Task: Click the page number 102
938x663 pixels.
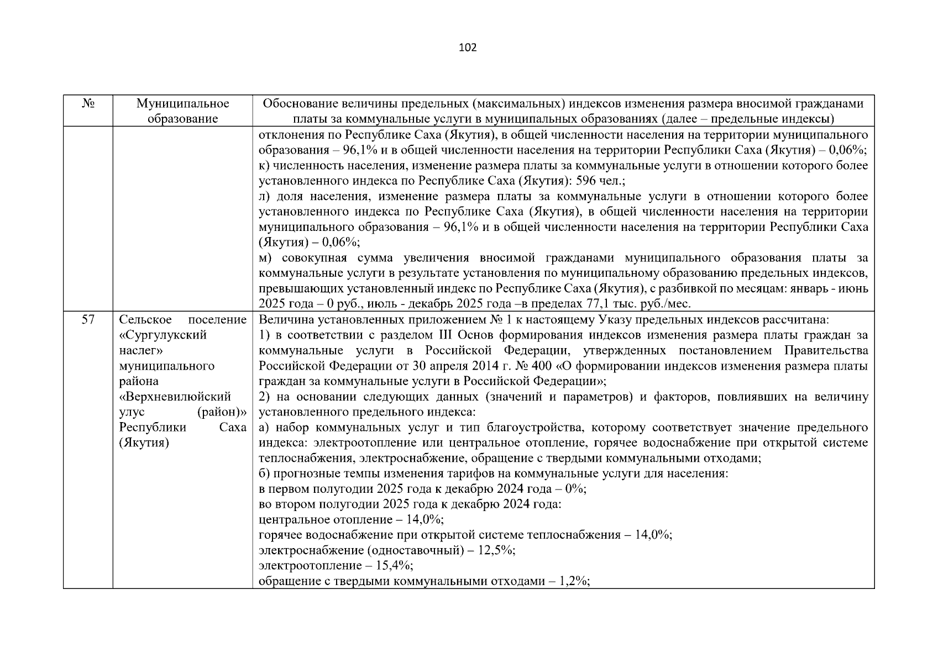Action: (468, 48)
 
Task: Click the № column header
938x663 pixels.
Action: (87, 104)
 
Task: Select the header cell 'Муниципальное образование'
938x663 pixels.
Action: (182, 111)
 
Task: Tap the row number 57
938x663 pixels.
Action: (87, 319)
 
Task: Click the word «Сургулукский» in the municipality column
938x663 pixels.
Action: (163, 335)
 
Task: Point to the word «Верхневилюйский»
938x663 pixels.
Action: (175, 397)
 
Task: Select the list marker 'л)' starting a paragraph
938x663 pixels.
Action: (265, 196)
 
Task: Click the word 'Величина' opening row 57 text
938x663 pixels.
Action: (281, 319)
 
